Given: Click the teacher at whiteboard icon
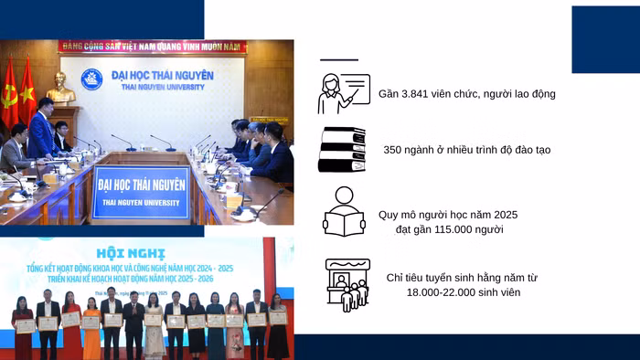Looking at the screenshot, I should click(343, 93).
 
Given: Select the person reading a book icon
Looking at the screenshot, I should click(343, 212).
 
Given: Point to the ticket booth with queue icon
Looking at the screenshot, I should click(347, 284).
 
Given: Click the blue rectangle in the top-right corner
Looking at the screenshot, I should click(605, 39).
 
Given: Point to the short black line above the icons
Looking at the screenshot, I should click(339, 59).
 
